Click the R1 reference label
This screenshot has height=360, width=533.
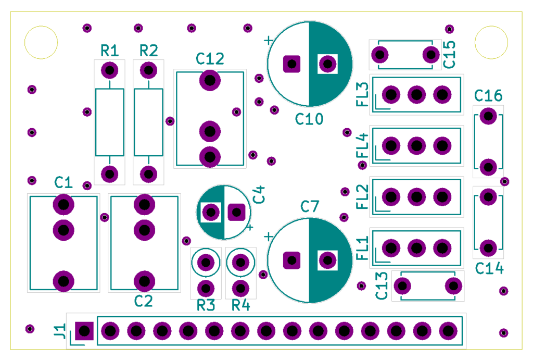tap(109, 51)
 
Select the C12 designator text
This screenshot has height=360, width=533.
tap(210, 59)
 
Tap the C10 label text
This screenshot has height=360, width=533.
tap(309, 119)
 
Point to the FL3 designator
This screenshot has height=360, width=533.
tap(362, 95)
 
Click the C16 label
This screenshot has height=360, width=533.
tap(488, 96)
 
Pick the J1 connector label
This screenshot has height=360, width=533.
tap(60, 331)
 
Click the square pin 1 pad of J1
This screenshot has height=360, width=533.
tap(84, 331)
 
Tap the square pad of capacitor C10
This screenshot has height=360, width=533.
tap(291, 64)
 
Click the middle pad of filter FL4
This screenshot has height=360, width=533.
tap(416, 146)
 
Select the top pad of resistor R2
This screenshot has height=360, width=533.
tap(148, 70)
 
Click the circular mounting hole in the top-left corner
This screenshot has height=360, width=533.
tap(41, 43)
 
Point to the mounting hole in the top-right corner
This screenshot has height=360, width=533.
tap(491, 43)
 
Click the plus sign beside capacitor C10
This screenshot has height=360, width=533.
tap(269, 41)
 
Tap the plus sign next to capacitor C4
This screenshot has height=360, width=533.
tap(250, 227)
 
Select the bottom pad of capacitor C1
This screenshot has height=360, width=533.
tap(64, 281)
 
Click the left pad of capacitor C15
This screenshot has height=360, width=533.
tap(379, 54)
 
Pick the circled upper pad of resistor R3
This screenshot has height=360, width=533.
tap(206, 263)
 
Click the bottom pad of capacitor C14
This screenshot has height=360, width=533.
tap(488, 248)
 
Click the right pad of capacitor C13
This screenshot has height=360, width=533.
tap(453, 286)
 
